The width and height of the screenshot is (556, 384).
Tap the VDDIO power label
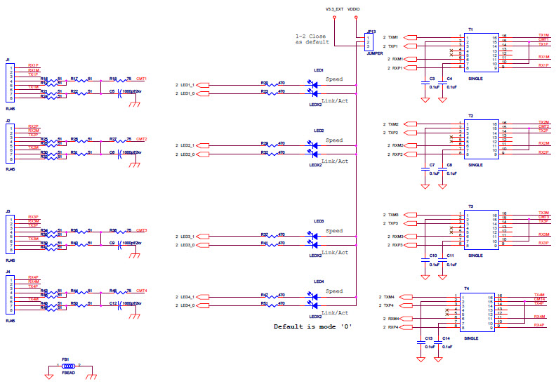coord(356,10)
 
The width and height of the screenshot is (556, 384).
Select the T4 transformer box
coord(471,312)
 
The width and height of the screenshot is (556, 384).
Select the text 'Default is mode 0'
coord(312,327)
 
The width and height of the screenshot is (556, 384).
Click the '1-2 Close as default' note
coord(312,39)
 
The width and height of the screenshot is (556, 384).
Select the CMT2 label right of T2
coord(543,126)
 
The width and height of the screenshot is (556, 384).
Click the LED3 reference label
coord(319,221)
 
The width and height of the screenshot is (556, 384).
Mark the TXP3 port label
coord(394,223)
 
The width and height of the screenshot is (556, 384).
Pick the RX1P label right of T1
coord(543,66)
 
